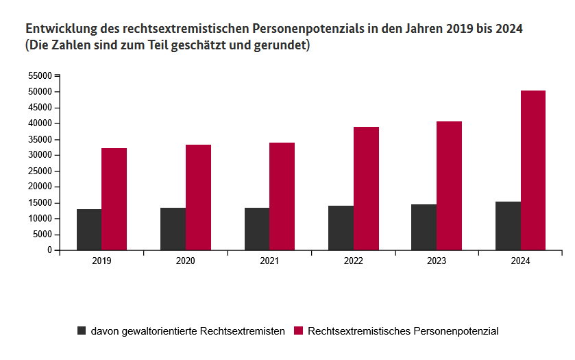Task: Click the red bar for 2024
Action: point(533,170)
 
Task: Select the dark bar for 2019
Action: point(89,230)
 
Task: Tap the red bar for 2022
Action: point(366,189)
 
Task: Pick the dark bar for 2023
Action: point(424,227)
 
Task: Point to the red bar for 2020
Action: point(198,197)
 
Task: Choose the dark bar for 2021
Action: point(257,229)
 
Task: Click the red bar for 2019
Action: point(114,199)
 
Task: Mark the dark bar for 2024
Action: point(508,226)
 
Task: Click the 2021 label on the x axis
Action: point(269,261)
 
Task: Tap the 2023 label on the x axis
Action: point(437,261)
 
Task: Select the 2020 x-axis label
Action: point(185,261)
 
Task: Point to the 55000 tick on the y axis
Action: point(40,75)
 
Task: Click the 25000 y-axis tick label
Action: point(40,155)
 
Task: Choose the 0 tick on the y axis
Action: point(50,250)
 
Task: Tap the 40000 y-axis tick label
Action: point(40,123)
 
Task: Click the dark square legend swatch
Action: point(82,331)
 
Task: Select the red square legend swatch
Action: point(298,331)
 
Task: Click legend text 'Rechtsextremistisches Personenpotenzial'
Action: point(403,331)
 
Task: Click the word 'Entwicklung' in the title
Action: point(60,30)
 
